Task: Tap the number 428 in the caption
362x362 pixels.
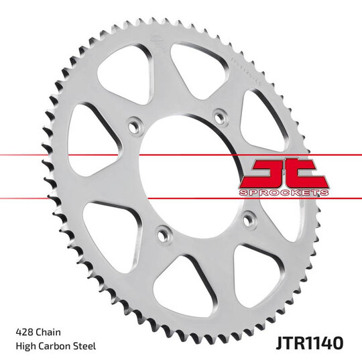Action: coord(24,332)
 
